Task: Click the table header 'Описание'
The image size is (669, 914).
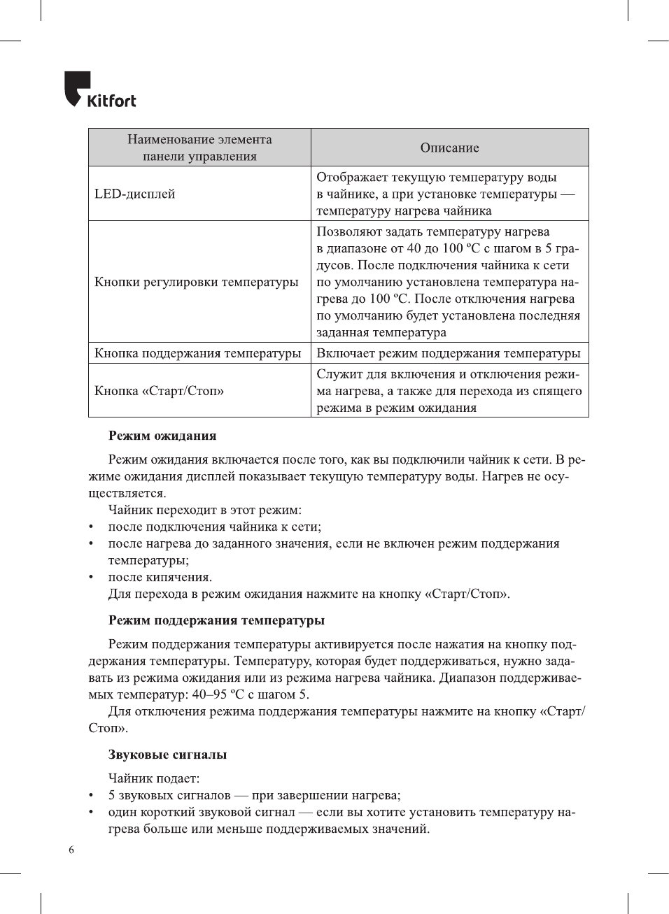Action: [449, 148]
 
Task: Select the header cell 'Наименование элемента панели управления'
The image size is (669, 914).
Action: [199, 148]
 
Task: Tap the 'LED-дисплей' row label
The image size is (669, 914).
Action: [135, 194]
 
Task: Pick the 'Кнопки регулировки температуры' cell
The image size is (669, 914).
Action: [197, 282]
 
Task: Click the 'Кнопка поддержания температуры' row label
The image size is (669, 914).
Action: [198, 353]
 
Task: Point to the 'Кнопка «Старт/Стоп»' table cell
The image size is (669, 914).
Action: [160, 391]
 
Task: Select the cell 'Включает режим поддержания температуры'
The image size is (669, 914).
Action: [449, 353]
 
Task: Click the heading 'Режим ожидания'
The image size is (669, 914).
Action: [162, 436]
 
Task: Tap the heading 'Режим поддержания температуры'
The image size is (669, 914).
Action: [216, 620]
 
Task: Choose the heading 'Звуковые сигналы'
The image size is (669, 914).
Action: [167, 755]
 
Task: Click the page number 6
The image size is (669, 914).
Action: [71, 850]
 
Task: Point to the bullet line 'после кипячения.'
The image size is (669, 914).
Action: [160, 577]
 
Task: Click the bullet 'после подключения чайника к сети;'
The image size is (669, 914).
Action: [215, 527]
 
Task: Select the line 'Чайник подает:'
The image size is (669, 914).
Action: [154, 778]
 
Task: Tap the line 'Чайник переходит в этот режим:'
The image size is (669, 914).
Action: [205, 510]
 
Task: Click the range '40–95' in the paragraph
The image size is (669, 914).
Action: [209, 694]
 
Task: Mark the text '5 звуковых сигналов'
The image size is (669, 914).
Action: [169, 795]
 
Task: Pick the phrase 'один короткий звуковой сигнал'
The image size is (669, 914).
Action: [202, 812]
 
